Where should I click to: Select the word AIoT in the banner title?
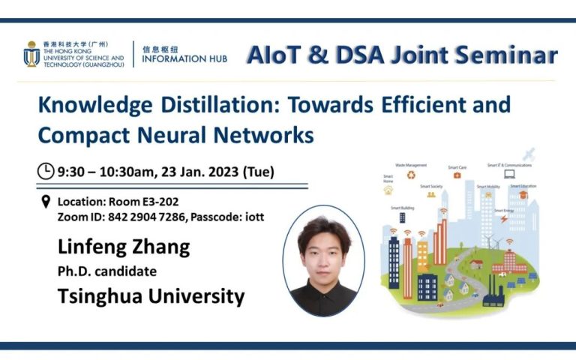point(279,55)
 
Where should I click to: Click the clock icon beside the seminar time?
point(46,171)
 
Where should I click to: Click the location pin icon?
point(46,202)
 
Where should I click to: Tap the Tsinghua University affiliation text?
point(151,296)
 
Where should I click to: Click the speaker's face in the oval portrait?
point(323,248)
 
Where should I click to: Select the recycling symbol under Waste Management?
point(411,175)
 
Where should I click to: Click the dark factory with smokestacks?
point(493,293)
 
